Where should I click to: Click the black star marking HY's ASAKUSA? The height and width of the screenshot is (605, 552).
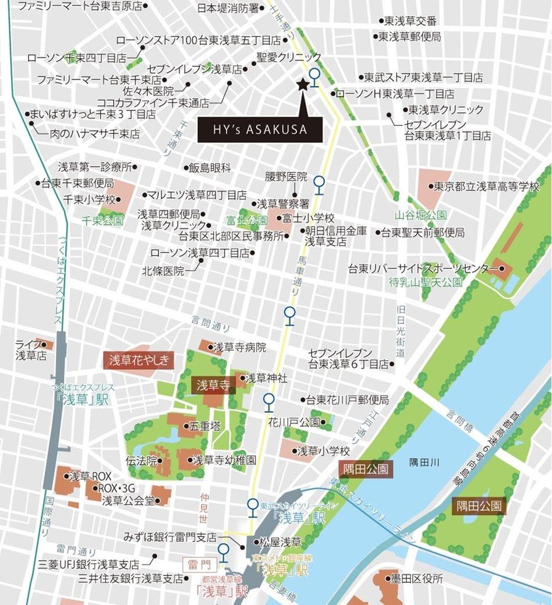[302, 84]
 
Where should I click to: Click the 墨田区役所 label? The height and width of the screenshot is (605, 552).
[416, 579]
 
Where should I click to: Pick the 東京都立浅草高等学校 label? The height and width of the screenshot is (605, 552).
[487, 187]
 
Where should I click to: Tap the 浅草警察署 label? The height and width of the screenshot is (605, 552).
[282, 204]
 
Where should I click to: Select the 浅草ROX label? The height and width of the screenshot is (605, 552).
[90, 476]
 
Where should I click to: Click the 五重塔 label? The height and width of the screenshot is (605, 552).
[207, 426]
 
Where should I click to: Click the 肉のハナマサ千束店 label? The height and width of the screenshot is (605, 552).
[94, 134]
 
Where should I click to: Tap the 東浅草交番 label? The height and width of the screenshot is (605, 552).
[410, 21]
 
